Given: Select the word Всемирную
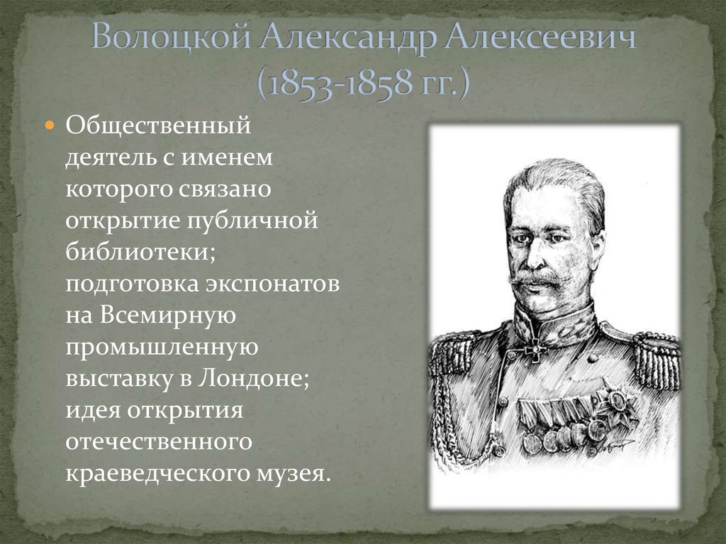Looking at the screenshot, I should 170,316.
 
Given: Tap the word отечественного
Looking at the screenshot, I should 160,440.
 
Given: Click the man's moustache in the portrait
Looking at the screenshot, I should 538,279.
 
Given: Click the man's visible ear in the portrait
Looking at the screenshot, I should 597,245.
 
